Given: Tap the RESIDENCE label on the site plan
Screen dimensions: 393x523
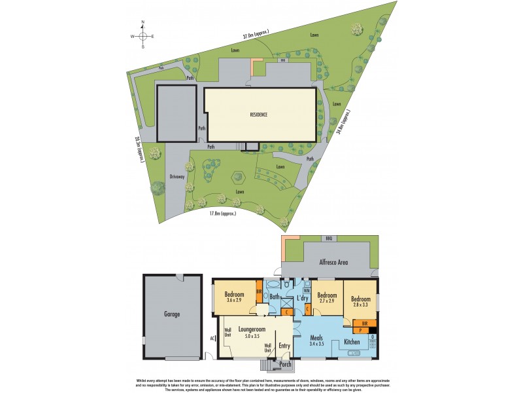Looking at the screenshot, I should pyautogui.click(x=259, y=115).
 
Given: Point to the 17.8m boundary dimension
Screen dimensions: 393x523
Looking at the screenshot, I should pyautogui.click(x=222, y=214).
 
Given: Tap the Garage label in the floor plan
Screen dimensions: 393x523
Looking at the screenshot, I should pyautogui.click(x=171, y=314).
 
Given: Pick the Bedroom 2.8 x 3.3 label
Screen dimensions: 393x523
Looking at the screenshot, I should pyautogui.click(x=360, y=301).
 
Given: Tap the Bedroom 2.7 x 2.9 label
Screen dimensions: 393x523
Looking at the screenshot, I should pyautogui.click(x=327, y=298).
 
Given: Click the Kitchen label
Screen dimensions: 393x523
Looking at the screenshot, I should pyautogui.click(x=353, y=343).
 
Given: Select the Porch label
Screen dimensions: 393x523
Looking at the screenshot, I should pyautogui.click(x=285, y=364).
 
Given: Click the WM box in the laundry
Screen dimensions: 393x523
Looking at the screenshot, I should pyautogui.click(x=307, y=290).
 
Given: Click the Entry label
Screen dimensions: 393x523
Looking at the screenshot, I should pyautogui.click(x=284, y=346).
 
